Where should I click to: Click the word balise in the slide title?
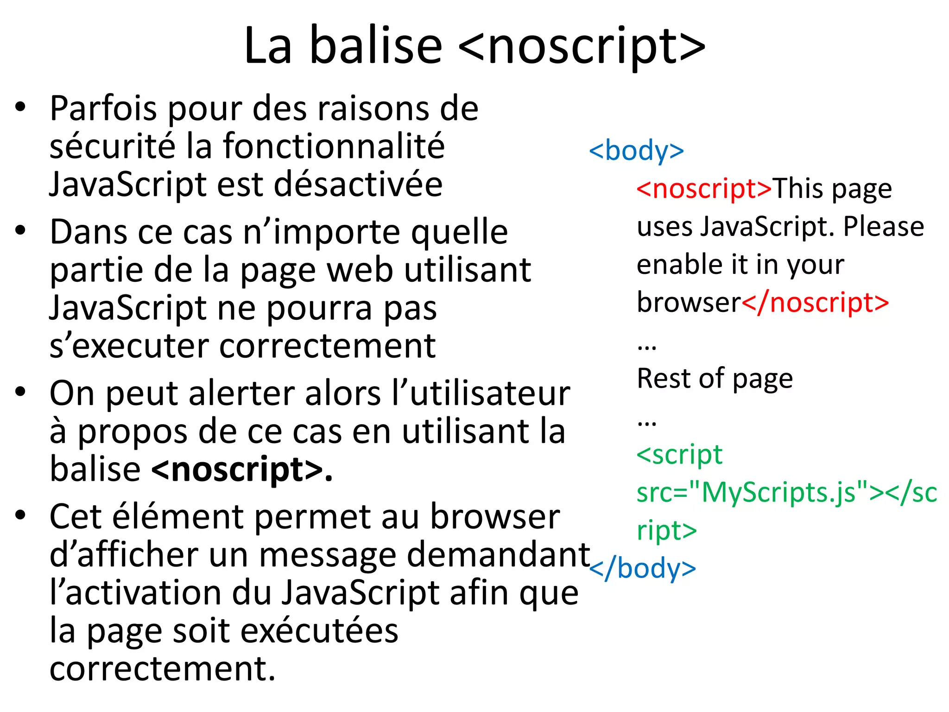coord(375,45)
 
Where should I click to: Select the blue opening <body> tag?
coord(636,151)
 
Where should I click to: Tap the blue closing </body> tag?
coord(642,568)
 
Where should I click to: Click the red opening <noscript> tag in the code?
coord(704,189)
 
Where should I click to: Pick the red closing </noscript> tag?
coord(815,303)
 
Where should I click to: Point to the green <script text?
coord(679,455)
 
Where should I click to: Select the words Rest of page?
coord(715,379)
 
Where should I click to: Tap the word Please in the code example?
coord(883,227)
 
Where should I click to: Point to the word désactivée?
coord(358,184)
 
